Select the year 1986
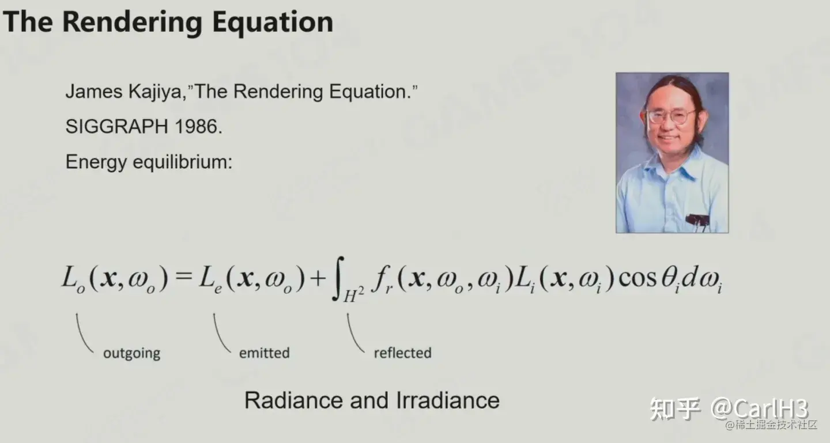pos(198,127)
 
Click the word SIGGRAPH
pos(117,127)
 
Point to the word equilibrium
pos(183,162)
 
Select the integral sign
pos(338,279)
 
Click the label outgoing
pos(131,353)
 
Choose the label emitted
pos(264,353)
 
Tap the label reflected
pos(403,353)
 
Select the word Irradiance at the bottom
pos(448,400)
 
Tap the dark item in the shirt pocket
pos(697,220)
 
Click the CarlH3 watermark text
pos(759,409)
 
